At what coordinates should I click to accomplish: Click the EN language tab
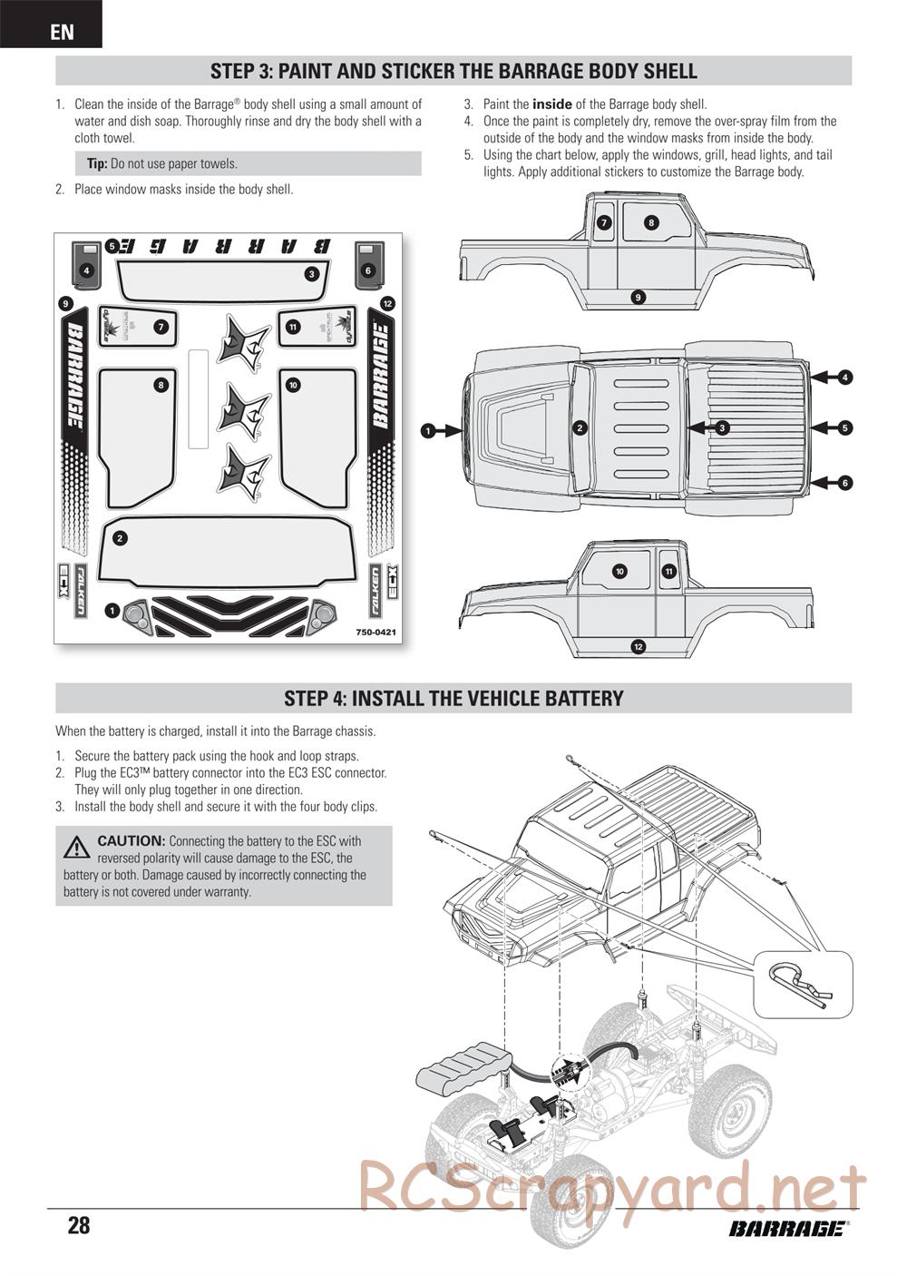62,33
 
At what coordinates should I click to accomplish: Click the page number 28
79,1226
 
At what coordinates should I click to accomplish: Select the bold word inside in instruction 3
551,104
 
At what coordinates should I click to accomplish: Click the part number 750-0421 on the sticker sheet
375,632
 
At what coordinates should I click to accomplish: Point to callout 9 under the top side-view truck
639,297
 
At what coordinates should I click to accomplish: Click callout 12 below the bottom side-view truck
639,646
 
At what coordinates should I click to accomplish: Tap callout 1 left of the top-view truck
427,431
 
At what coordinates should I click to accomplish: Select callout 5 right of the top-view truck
844,427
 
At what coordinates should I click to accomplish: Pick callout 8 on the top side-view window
651,222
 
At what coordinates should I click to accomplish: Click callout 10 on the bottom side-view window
619,571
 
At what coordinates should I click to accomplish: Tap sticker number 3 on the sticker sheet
311,273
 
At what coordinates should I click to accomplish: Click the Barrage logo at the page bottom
786,1228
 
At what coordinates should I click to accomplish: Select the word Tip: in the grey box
97,164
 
